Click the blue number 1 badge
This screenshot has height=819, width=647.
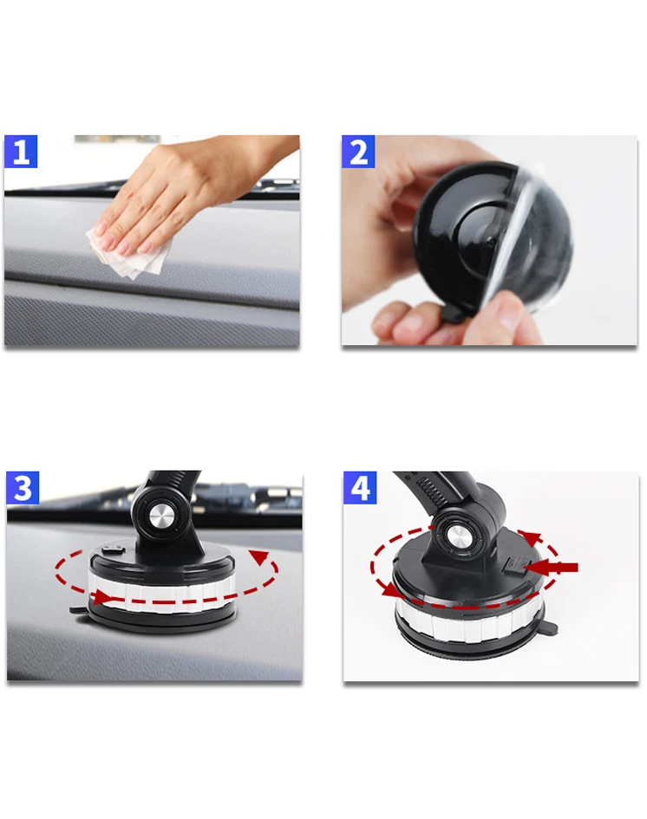point(21,152)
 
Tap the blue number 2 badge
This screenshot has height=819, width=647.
point(358,152)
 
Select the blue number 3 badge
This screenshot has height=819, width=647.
point(23,488)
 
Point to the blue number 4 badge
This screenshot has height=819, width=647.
point(360,488)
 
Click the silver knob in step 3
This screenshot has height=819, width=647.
point(162,518)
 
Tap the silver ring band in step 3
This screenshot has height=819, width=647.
point(161,590)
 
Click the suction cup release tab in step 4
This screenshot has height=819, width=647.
point(553,629)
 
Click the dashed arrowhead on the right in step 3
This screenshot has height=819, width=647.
point(259,558)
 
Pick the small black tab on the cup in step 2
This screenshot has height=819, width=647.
point(453,315)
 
